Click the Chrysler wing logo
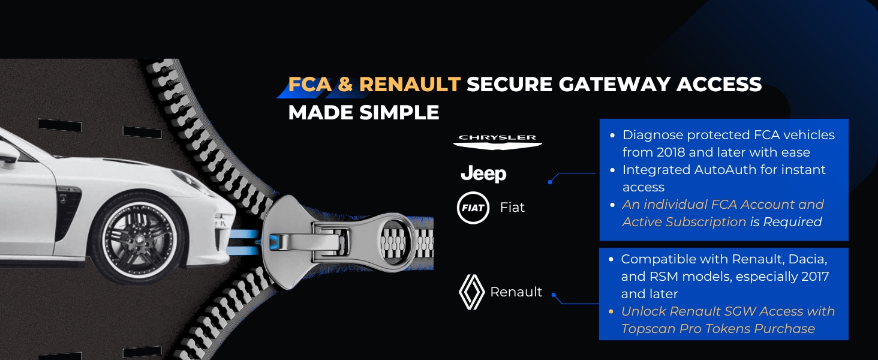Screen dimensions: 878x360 pyautogui.click(x=497, y=140)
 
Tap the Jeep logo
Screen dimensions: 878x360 pyautogui.click(x=483, y=174)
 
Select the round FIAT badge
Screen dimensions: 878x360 pyautogui.click(x=473, y=208)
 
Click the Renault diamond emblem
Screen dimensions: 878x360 pyautogui.click(x=471, y=292)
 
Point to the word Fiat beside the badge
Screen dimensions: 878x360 pyautogui.click(x=512, y=208)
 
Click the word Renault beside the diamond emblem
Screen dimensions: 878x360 pyautogui.click(x=516, y=292)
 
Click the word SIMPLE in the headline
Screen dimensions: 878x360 pyautogui.click(x=401, y=112)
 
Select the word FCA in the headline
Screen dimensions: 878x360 pyautogui.click(x=309, y=85)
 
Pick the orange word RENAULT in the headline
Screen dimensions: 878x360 pyautogui.click(x=410, y=85)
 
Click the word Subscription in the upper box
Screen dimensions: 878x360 pyautogui.click(x=706, y=222)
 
